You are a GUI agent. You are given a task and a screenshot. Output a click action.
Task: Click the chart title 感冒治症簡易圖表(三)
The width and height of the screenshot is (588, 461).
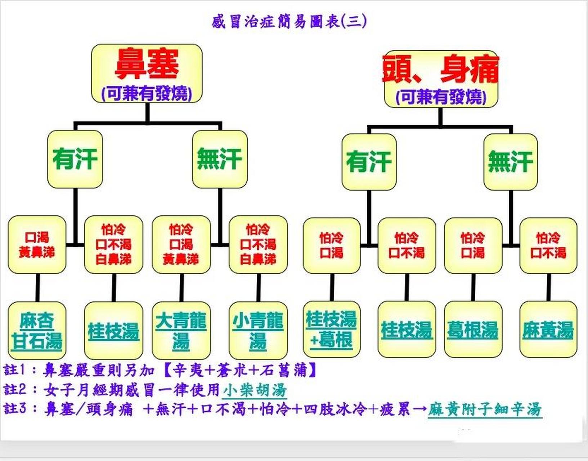click(289, 22)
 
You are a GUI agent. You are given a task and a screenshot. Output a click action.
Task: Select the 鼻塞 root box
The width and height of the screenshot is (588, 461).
click(147, 73)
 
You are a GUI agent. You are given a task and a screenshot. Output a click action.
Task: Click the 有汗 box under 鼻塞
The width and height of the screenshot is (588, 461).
click(75, 159)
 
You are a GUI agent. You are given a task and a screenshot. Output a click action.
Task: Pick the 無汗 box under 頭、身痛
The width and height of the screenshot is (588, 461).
click(510, 162)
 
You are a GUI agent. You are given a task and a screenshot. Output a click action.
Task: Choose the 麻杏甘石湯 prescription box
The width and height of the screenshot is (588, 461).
click(37, 331)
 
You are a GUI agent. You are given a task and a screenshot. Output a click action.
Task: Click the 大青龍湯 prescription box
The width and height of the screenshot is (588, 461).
click(181, 331)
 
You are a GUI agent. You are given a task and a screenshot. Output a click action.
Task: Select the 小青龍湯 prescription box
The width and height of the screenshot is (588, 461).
click(258, 331)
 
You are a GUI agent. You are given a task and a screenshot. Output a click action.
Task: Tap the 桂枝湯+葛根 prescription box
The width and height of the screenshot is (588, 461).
click(331, 329)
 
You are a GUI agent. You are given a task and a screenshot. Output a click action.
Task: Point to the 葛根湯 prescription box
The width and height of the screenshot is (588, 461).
click(473, 329)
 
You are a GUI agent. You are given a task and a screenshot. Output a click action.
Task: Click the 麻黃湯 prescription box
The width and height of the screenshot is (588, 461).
click(548, 329)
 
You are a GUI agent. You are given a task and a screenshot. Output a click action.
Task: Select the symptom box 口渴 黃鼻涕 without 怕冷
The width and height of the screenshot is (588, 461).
click(37, 245)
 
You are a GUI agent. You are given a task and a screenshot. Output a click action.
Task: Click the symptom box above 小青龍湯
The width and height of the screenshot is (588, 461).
click(258, 245)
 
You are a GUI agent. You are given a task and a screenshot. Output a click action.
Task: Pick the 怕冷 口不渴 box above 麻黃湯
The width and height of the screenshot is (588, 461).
click(548, 245)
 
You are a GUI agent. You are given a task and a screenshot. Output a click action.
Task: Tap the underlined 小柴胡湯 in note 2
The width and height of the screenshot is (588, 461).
click(254, 390)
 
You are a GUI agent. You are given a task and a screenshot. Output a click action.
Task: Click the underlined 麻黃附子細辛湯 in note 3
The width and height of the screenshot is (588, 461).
click(484, 409)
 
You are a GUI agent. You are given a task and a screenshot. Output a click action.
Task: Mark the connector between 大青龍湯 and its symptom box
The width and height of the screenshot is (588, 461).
click(181, 287)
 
